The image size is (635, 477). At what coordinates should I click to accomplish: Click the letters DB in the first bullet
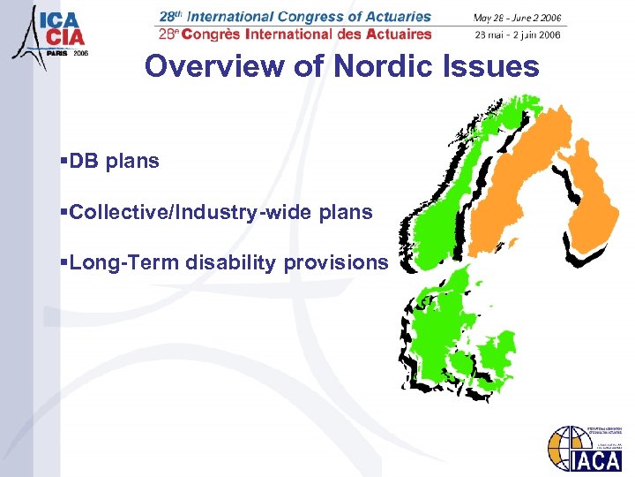[86, 161]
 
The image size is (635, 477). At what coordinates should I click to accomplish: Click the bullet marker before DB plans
[63, 162]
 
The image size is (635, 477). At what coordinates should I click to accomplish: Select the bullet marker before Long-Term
[63, 263]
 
